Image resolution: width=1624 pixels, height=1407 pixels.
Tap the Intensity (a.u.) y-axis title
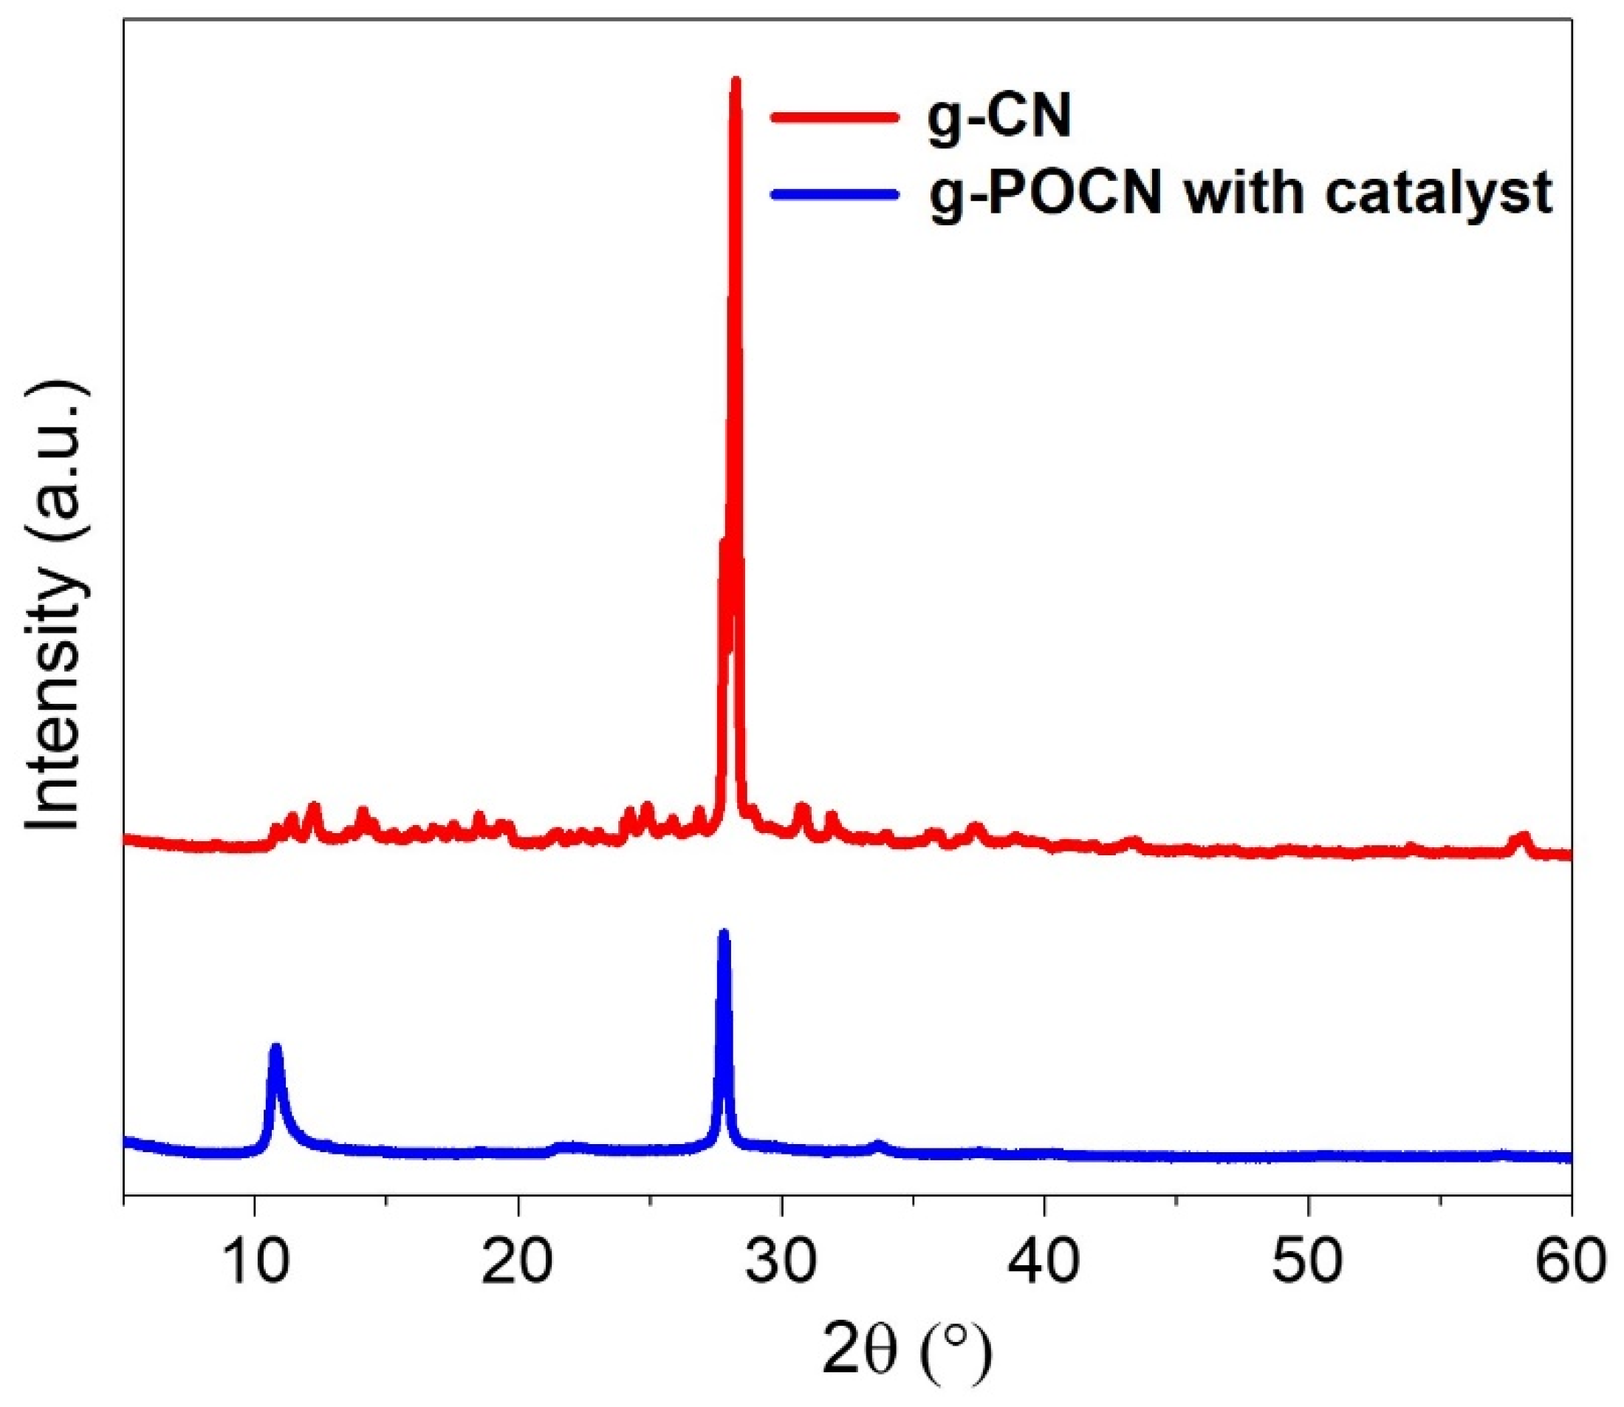click(55, 605)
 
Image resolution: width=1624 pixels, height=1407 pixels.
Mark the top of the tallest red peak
click(736, 80)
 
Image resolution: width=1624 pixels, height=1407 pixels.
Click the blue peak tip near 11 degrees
click(275, 1048)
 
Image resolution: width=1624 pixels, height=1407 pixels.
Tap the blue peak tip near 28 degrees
click(724, 934)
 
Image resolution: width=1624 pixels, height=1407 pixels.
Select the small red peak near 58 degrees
click(1524, 837)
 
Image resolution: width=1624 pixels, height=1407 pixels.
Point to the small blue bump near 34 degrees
click(878, 1145)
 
